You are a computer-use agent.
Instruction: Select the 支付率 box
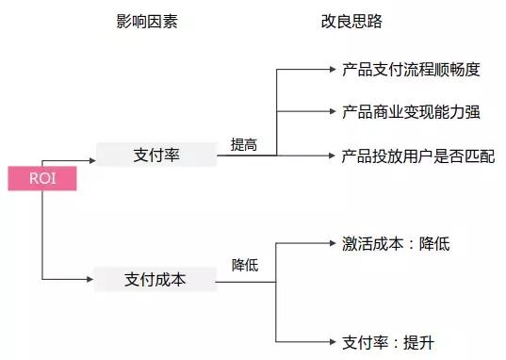[155, 155]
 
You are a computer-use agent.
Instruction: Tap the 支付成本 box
[155, 279]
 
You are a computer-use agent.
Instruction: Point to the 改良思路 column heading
[337, 20]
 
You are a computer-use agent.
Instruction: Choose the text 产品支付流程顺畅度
[411, 69]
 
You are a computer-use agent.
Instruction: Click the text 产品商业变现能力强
[411, 112]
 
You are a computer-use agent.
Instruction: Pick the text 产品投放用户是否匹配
[417, 155]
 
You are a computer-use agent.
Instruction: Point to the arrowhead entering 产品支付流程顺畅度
[330, 69]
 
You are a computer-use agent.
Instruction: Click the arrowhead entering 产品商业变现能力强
[330, 112]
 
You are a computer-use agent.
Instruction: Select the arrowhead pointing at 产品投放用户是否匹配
[330, 155]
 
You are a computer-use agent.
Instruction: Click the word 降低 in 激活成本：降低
[435, 244]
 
